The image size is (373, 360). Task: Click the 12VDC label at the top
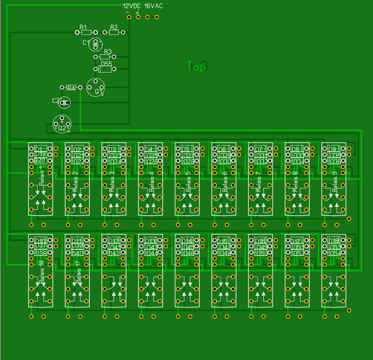(x=132, y=6)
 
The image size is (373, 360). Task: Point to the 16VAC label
(x=153, y=6)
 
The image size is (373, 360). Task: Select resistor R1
(x=86, y=32)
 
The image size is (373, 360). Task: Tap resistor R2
(x=114, y=32)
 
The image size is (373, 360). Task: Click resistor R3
(x=105, y=57)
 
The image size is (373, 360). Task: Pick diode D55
(x=106, y=69)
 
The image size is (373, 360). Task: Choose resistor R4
(x=71, y=87)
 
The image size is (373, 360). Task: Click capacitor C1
(x=95, y=44)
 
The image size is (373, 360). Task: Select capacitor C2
(x=64, y=103)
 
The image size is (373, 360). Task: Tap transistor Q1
(x=96, y=87)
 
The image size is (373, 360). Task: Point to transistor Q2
(x=62, y=123)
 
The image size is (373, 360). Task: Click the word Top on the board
(x=196, y=66)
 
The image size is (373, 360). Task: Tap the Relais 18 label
(x=42, y=269)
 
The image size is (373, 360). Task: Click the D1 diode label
(x=39, y=149)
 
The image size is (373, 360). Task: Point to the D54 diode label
(x=335, y=253)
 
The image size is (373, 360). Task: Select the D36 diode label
(x=335, y=161)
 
